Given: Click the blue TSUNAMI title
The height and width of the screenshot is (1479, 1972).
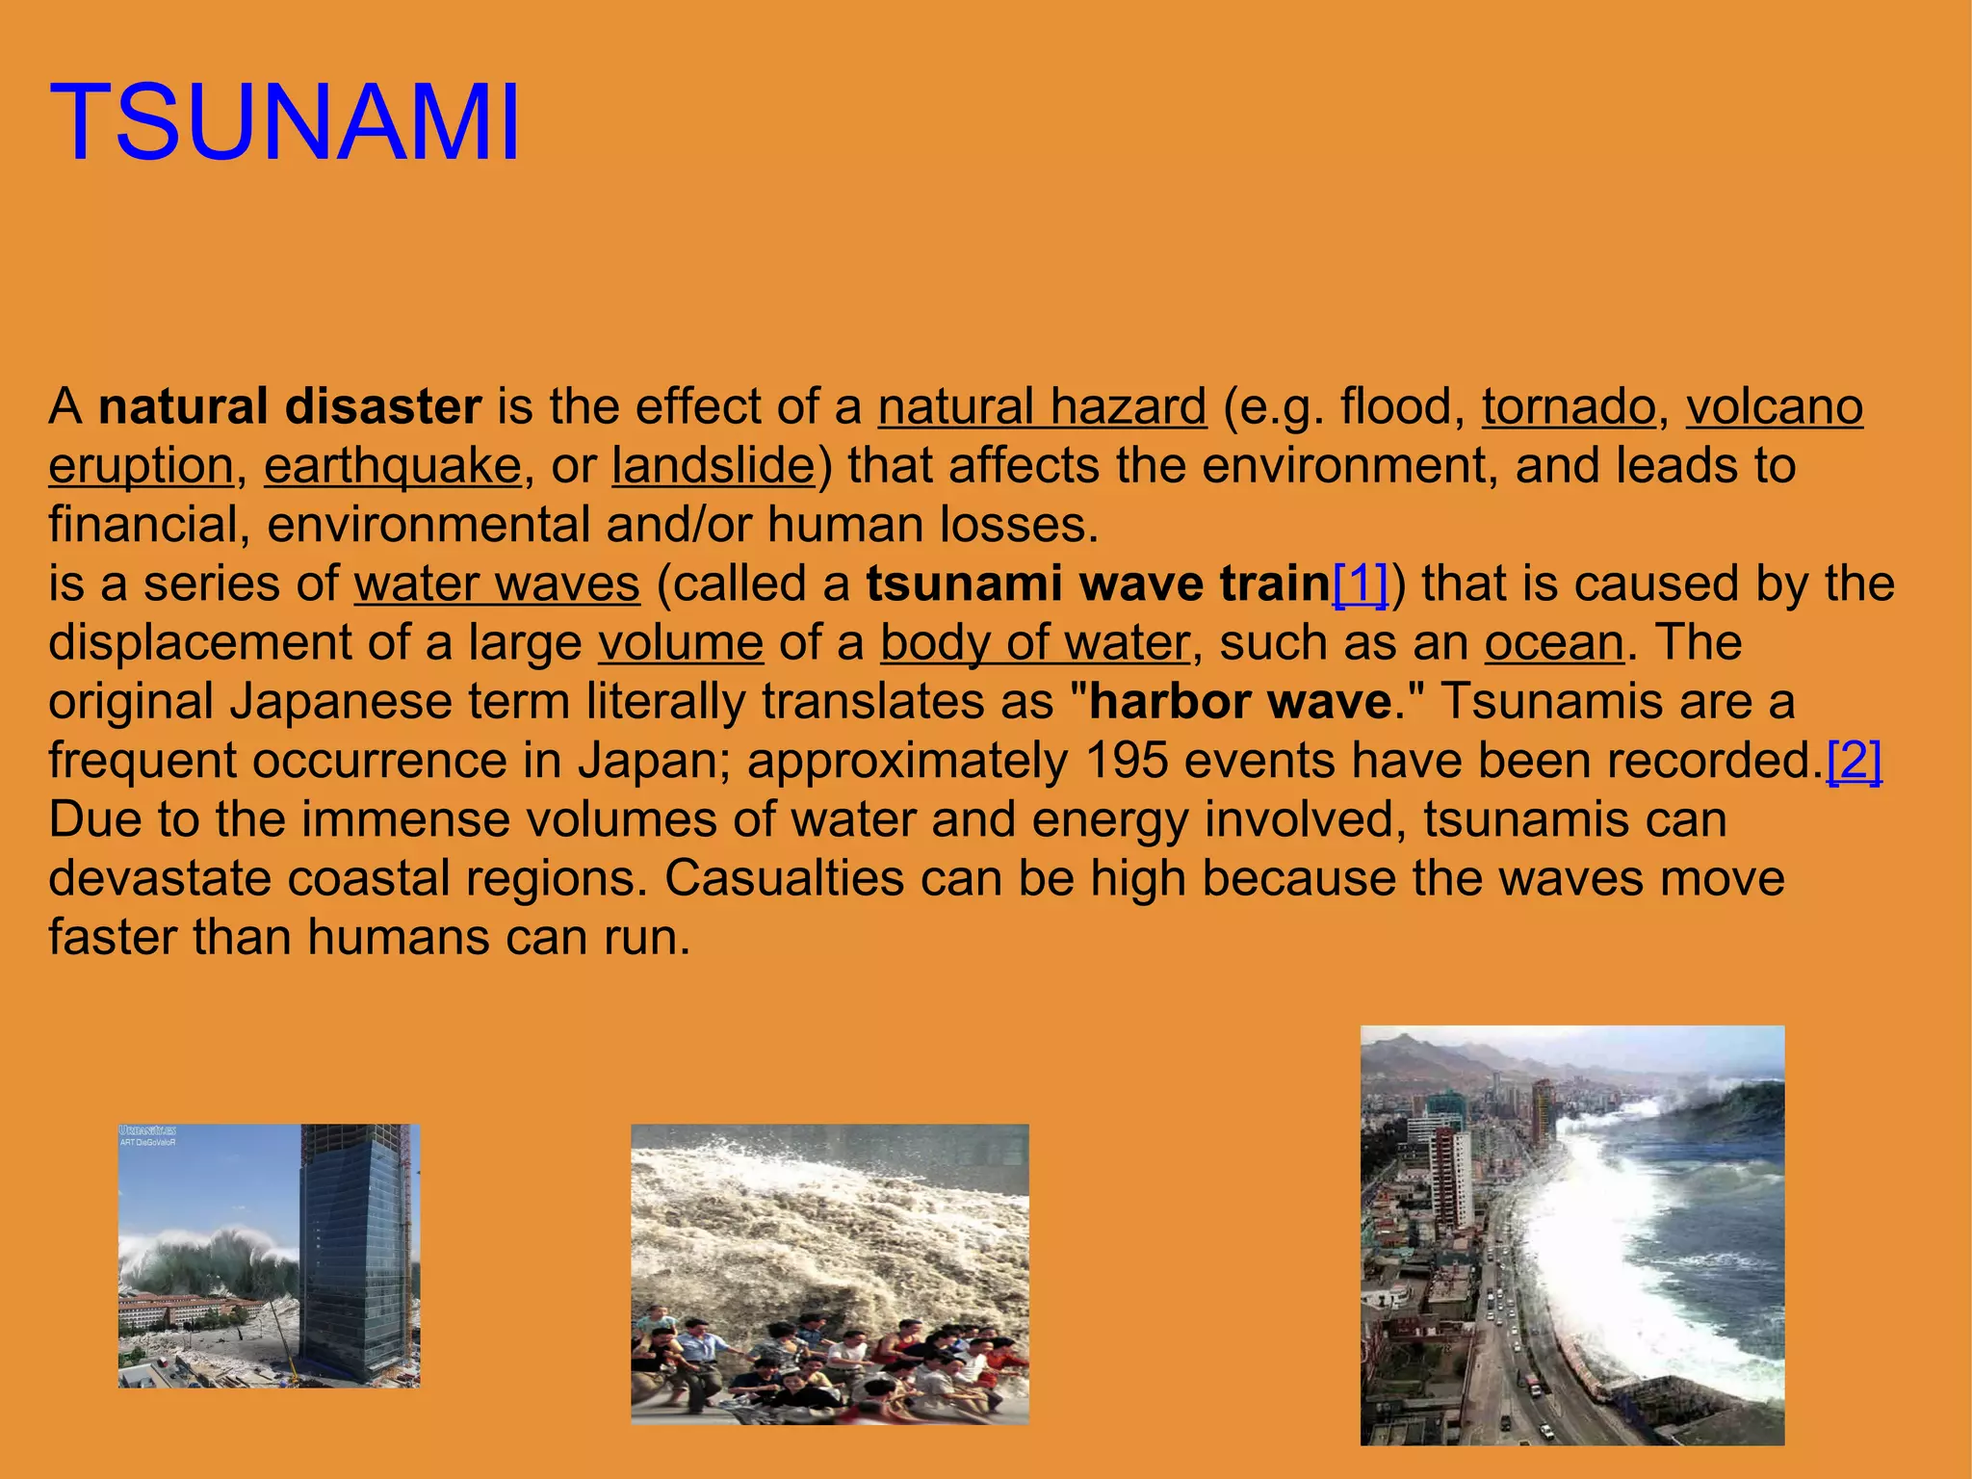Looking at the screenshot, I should coord(285,123).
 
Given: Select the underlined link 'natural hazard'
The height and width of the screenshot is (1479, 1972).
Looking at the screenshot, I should coord(1042,406).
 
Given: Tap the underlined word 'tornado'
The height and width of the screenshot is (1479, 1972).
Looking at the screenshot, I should coord(1568,406).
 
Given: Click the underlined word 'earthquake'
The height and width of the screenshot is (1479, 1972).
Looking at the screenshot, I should coord(393,466).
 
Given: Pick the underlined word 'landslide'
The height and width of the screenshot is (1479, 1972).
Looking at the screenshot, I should coord(714,466).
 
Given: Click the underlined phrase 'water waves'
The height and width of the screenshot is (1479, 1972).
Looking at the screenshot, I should coord(497,584).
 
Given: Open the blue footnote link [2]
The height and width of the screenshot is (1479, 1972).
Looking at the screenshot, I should coord(1854,761).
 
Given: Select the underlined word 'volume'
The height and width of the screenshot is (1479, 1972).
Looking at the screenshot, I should coord(681,643).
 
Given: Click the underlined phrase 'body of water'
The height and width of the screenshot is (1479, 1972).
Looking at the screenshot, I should coord(1035,643).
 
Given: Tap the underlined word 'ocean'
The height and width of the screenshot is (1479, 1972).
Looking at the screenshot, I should coord(1554,643).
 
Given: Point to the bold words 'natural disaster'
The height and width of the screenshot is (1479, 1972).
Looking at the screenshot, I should coord(290,406).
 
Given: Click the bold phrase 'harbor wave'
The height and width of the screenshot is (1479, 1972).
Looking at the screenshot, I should coord(1241,702).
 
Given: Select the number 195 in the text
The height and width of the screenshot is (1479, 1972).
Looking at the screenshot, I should coord(1126,761).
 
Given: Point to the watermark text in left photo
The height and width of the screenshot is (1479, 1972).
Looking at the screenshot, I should coord(147,1135).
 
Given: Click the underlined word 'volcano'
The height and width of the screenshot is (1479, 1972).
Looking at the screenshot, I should coord(1774,406).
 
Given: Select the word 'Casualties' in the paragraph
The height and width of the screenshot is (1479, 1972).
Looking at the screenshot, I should coord(784,879).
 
